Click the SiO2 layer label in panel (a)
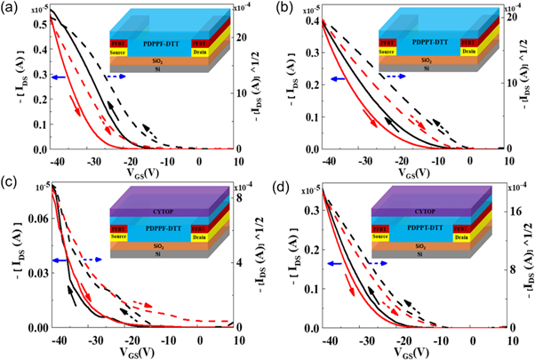pyautogui.click(x=163, y=65)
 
